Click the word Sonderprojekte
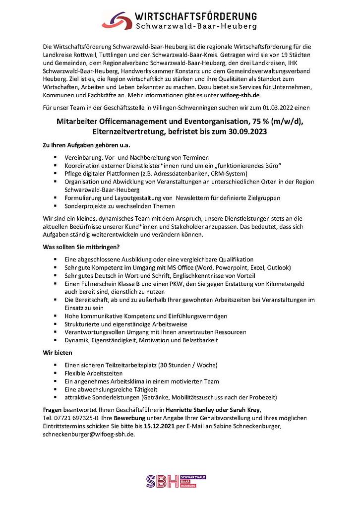point(85,205)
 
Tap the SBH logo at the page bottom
point(176,481)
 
